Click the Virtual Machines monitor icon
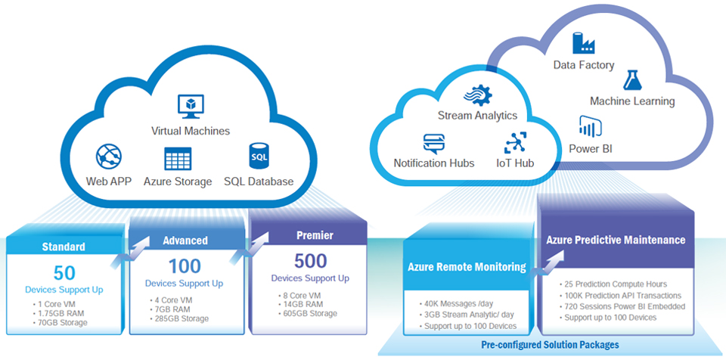191,107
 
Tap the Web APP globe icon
109,157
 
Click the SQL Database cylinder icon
259,157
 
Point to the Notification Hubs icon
434,143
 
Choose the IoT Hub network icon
515,143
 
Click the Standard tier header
64,247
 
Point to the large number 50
64,274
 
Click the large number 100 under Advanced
185,266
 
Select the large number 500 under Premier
310,261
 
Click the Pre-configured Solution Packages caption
550,345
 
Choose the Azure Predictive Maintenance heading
616,241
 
